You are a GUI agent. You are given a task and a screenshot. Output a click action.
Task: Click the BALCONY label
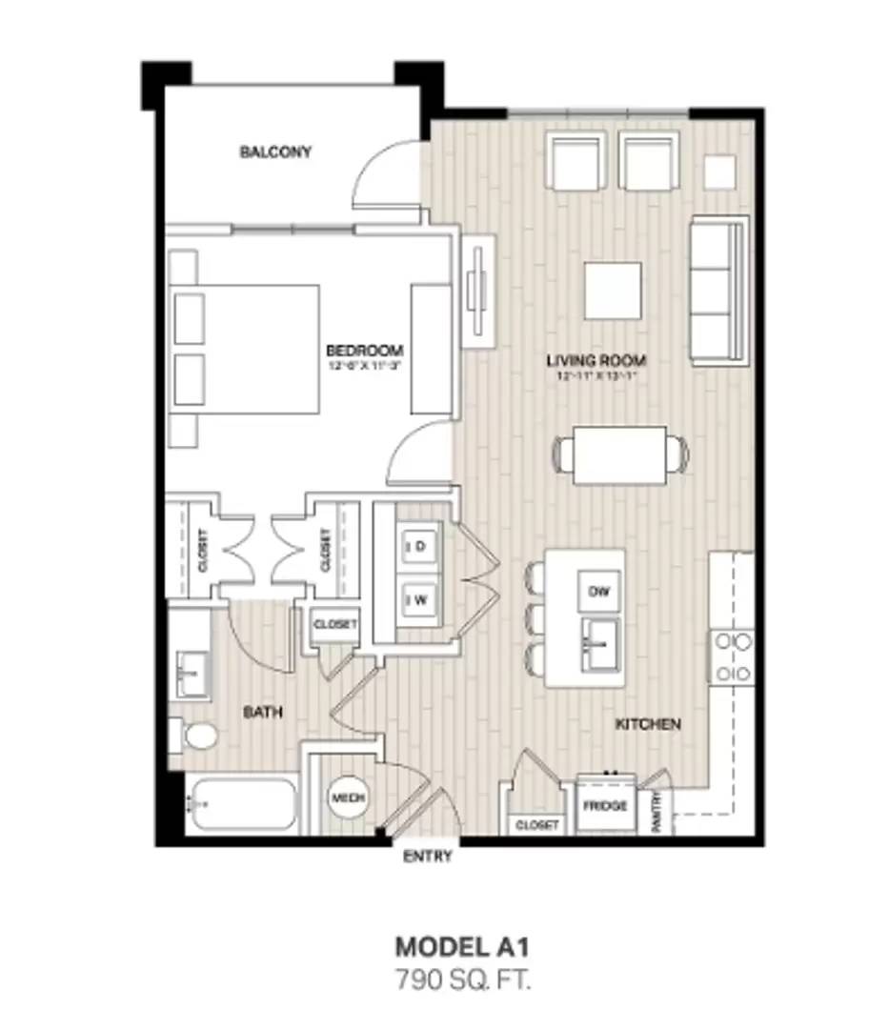[275, 151]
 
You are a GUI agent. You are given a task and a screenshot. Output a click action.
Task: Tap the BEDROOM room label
[364, 350]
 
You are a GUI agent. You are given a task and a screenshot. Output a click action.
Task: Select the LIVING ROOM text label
[596, 360]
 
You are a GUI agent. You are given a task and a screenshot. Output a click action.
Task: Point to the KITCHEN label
[648, 724]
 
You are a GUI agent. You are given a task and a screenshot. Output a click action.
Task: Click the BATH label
[262, 712]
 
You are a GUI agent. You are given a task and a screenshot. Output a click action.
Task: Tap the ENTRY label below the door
[427, 857]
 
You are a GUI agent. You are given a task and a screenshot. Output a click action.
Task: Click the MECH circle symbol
[349, 797]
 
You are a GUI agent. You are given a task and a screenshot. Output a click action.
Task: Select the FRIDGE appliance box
[605, 806]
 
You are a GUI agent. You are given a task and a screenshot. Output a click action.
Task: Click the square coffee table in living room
[613, 291]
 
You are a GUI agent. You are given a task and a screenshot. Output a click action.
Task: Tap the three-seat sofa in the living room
[718, 289]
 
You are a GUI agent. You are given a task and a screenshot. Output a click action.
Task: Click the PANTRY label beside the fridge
[657, 812]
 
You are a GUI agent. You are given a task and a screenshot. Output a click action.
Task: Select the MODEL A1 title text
[462, 946]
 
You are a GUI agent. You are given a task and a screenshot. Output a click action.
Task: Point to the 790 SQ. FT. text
[462, 978]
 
